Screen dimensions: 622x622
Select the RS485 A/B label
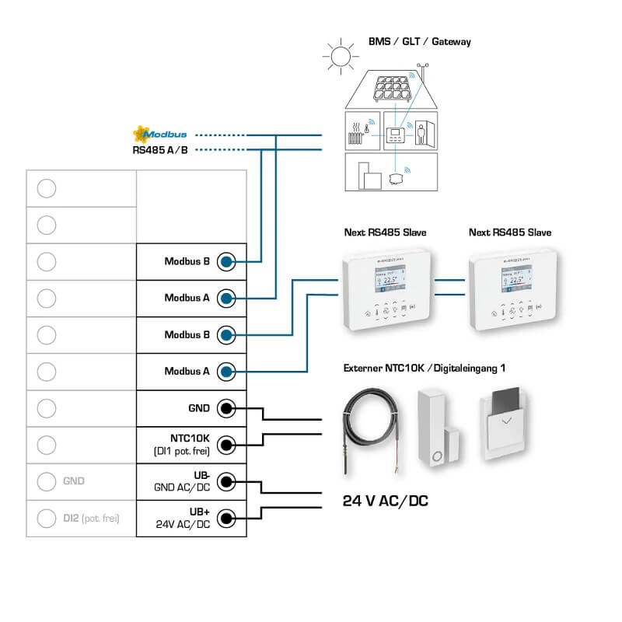click(x=160, y=149)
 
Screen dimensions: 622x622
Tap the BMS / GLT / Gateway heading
click(x=419, y=41)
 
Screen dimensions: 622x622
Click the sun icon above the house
click(x=339, y=57)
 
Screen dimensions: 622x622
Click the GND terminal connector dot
click(x=226, y=408)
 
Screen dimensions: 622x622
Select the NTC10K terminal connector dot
click(x=226, y=445)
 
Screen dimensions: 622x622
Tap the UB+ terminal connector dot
click(x=226, y=518)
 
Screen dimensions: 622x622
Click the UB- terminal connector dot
click(x=226, y=481)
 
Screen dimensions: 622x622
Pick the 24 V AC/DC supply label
click(x=386, y=501)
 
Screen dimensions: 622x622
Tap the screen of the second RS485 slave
click(x=515, y=280)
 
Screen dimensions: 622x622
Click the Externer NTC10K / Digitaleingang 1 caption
click(x=421, y=367)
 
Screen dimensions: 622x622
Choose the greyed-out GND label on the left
click(x=74, y=481)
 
